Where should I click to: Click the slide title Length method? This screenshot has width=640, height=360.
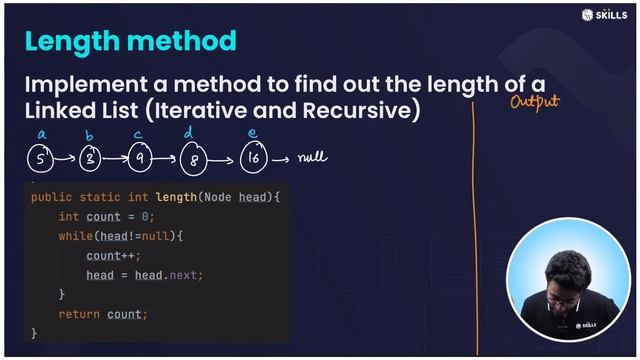(x=130, y=41)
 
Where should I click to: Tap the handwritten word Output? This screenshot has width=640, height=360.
(x=534, y=100)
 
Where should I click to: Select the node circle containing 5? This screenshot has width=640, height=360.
(x=39, y=157)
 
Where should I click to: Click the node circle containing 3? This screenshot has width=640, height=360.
(x=89, y=157)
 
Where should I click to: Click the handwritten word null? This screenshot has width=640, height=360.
(x=313, y=156)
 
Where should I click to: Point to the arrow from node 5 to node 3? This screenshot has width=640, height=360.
(x=64, y=158)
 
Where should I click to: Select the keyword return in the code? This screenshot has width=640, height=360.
(x=79, y=314)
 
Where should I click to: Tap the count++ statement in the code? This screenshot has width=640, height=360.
(x=113, y=255)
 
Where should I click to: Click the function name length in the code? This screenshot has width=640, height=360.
(x=176, y=197)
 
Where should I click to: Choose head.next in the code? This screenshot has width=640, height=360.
(x=174, y=275)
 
